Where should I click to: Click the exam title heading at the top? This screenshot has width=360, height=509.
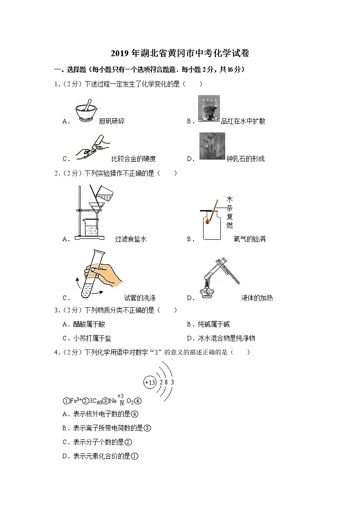[x=180, y=53]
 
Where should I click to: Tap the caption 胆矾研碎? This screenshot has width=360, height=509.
[x=112, y=121]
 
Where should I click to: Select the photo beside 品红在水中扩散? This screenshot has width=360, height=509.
[x=209, y=109]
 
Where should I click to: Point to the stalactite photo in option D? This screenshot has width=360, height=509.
[x=212, y=146]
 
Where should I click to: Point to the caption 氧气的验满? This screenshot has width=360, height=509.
[x=249, y=239]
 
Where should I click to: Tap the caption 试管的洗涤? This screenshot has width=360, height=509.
[x=140, y=298]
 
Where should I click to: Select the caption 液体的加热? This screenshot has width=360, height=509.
[x=257, y=298]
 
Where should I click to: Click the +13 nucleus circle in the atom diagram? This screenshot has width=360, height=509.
[x=150, y=382]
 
